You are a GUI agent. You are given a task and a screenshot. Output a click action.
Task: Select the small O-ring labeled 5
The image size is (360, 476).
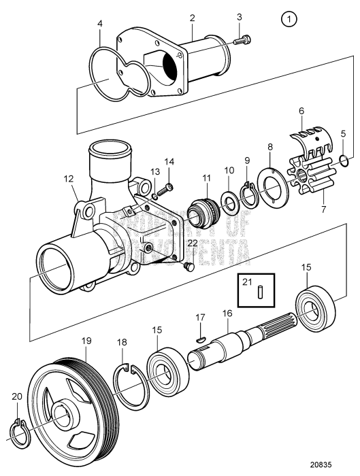[344, 160]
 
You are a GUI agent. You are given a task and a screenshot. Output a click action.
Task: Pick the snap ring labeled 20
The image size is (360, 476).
[20, 430]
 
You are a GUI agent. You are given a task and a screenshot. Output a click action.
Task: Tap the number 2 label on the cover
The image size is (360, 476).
[192, 16]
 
